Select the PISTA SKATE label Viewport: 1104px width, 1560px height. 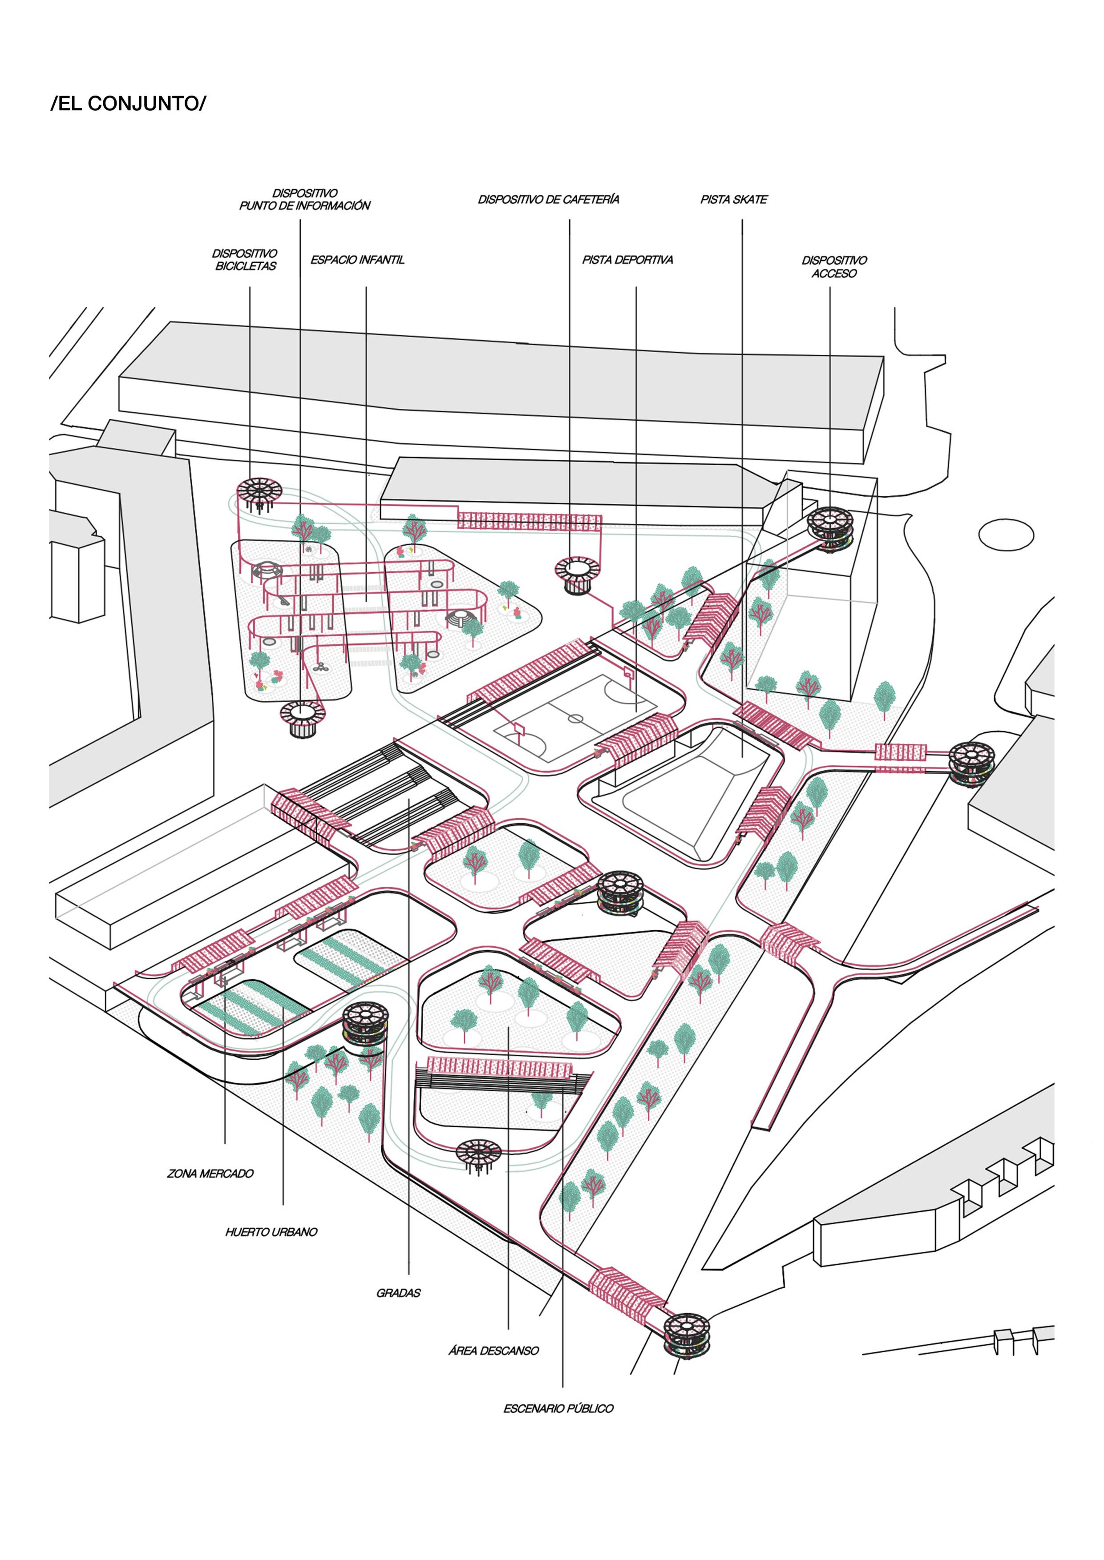733,200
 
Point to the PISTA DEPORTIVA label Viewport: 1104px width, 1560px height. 627,260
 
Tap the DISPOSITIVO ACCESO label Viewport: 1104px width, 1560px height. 834,266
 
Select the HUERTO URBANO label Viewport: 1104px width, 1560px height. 271,1232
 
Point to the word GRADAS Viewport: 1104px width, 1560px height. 398,1293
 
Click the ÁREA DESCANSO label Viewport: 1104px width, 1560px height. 493,1351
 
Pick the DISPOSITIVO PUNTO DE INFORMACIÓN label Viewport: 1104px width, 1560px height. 304,200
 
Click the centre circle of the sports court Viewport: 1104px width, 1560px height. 576,718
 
